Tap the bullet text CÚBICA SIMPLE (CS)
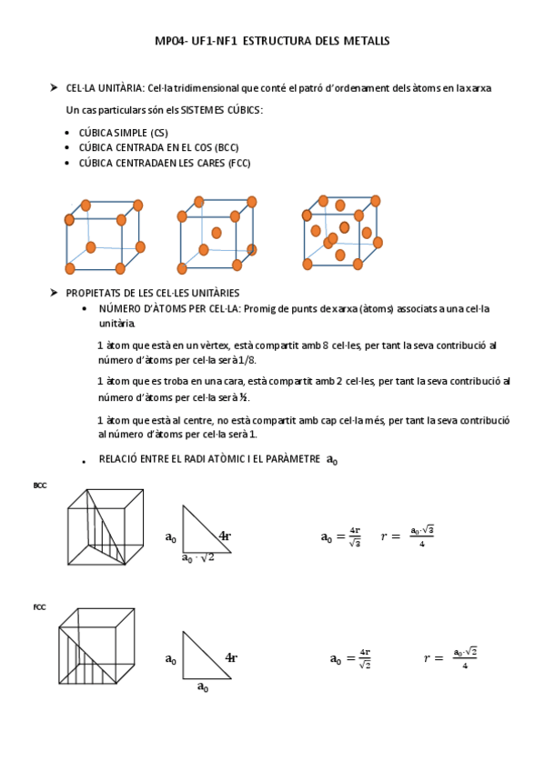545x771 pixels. pyautogui.click(x=124, y=133)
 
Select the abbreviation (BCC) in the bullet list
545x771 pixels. pyautogui.click(x=227, y=147)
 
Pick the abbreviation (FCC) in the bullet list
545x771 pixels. pyautogui.click(x=238, y=163)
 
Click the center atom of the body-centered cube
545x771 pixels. pyautogui.click(x=217, y=233)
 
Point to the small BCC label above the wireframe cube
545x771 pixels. pyautogui.click(x=40, y=486)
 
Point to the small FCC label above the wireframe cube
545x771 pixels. pyautogui.click(x=39, y=607)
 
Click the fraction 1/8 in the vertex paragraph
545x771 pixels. pyautogui.click(x=247, y=360)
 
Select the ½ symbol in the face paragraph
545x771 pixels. pyautogui.click(x=244, y=397)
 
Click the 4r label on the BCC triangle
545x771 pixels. pyautogui.click(x=225, y=536)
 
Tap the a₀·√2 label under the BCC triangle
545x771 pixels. pyautogui.click(x=197, y=558)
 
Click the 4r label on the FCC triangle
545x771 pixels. pyautogui.click(x=231, y=657)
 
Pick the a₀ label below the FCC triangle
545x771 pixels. pyautogui.click(x=203, y=686)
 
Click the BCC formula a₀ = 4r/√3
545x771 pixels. pyautogui.click(x=341, y=536)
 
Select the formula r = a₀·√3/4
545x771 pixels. pyautogui.click(x=408, y=536)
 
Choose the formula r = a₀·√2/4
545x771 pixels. pyautogui.click(x=450, y=658)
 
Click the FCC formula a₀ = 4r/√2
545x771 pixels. pyautogui.click(x=350, y=658)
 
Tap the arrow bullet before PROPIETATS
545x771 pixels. pyautogui.click(x=54, y=293)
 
